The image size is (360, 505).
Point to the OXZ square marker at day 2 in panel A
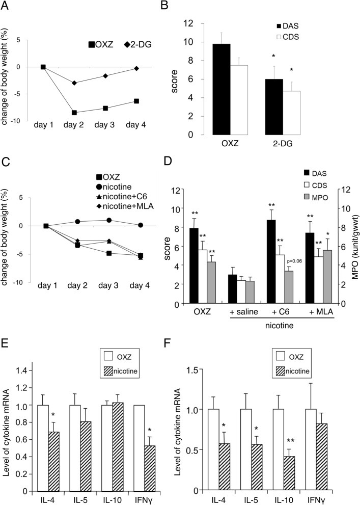(74, 113)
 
